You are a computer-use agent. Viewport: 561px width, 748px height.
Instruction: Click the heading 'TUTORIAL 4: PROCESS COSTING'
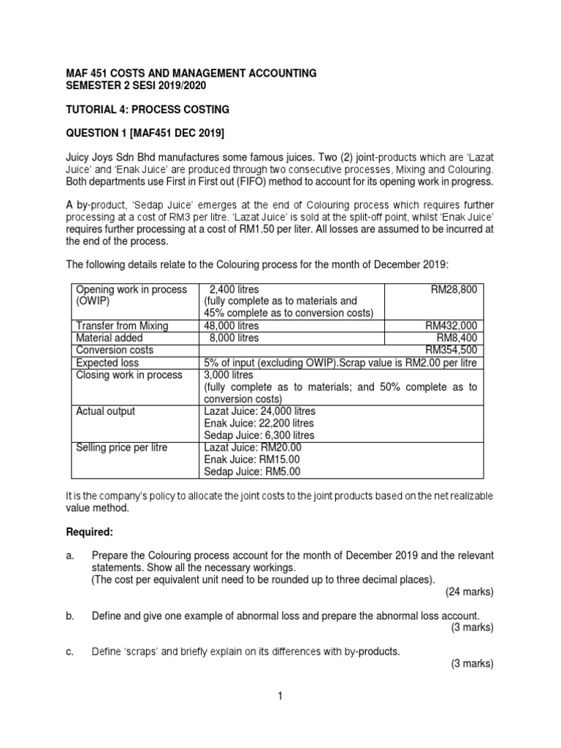[148, 110]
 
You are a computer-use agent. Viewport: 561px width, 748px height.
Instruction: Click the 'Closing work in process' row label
[129, 375]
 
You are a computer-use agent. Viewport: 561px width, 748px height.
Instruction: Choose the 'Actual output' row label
[106, 411]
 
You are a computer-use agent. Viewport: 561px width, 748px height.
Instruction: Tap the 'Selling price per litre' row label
[122, 447]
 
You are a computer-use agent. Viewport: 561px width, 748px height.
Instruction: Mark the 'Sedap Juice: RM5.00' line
[252, 471]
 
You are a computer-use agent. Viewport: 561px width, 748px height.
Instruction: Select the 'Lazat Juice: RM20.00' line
[253, 447]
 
